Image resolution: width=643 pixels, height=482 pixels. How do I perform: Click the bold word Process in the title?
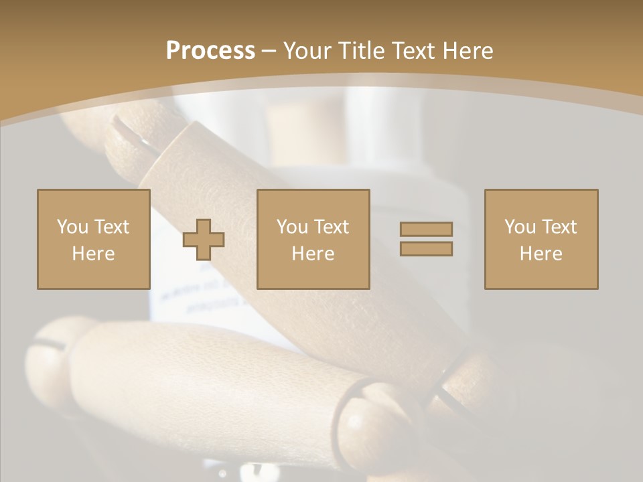tap(210, 50)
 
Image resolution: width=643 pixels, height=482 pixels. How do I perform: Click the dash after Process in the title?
tap(269, 52)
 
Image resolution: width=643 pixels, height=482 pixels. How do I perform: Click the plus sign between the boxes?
tap(204, 239)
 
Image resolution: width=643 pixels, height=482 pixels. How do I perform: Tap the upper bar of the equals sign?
tap(426, 229)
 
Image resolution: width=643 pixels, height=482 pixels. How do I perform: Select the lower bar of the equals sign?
tap(426, 248)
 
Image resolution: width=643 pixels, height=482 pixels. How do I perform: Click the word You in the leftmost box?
tap(71, 227)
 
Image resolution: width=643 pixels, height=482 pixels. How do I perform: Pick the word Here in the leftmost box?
tap(93, 254)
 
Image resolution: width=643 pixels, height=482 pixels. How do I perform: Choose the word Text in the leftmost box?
tap(111, 227)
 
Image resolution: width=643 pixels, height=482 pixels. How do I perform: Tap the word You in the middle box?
tap(291, 227)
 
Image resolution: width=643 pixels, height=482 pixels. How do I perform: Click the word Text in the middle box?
tap(331, 227)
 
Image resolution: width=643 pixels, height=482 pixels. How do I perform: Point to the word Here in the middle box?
tap(313, 254)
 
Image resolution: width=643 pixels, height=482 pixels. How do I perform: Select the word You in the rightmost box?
tap(519, 227)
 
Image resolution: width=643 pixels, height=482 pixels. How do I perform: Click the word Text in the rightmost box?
tap(559, 227)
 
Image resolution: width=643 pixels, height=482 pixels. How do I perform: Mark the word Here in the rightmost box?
tap(541, 254)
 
